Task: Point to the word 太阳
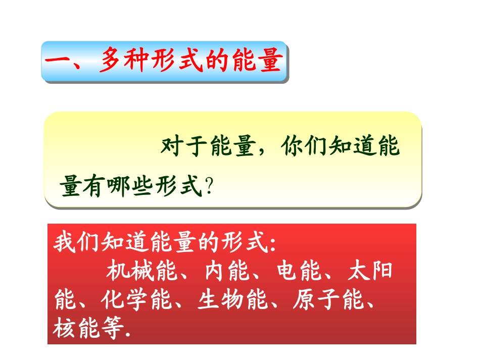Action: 371,273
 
